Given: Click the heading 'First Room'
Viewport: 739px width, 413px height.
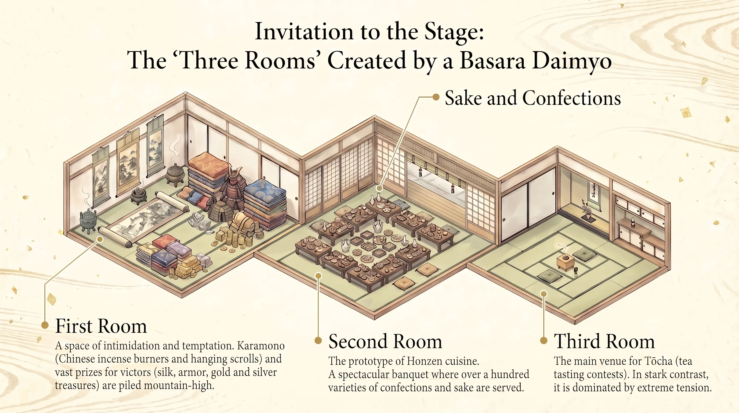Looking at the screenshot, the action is click(x=101, y=326).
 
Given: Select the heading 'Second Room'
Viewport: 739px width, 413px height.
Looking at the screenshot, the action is click(x=385, y=341).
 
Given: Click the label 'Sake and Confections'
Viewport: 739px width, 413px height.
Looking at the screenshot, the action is click(x=533, y=98).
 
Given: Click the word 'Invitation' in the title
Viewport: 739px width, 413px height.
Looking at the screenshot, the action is click(x=304, y=31).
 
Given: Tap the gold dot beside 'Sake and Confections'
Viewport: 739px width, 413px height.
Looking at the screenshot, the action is click(x=436, y=97).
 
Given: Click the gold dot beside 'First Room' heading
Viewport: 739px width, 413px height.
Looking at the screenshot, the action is click(x=45, y=325).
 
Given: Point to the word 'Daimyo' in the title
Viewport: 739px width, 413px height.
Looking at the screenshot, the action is click(x=572, y=62).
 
